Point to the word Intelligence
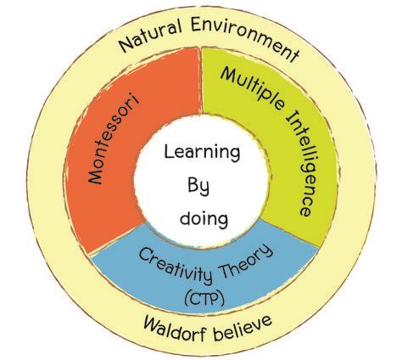[x=300, y=163]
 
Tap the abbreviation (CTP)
[x=204, y=299]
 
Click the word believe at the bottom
[x=243, y=327]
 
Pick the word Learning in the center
[x=202, y=152]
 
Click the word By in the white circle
[x=198, y=186]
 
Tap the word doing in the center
[x=204, y=218]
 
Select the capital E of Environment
[x=196, y=25]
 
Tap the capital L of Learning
[x=169, y=151]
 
